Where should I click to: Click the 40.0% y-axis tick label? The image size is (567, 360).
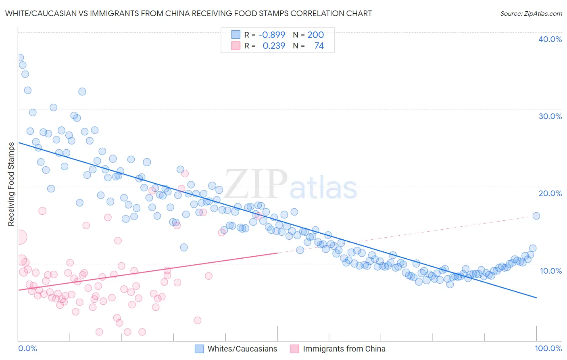550,39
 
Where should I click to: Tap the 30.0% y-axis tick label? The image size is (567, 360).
550,116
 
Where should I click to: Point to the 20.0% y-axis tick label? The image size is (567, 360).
550,193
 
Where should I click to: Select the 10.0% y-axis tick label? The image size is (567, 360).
550,270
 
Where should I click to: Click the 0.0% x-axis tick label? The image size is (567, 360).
27,348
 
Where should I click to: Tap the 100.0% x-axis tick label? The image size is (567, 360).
548,348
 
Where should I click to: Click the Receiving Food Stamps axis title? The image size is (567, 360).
11,184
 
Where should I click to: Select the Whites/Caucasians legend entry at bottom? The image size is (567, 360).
242,349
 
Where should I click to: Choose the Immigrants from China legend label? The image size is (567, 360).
344,349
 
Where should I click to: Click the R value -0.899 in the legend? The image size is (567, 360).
271,35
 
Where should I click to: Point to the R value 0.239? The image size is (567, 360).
274,46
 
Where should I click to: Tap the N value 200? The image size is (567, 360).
315,35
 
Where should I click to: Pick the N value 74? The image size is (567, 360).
319,46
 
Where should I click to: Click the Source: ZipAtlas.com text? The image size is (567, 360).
531,14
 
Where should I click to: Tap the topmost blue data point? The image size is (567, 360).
19,58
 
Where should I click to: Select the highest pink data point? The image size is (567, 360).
185,174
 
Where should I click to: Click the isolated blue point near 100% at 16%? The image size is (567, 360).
536,216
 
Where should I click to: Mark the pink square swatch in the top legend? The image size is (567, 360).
236,46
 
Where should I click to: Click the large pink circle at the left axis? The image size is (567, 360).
20,237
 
